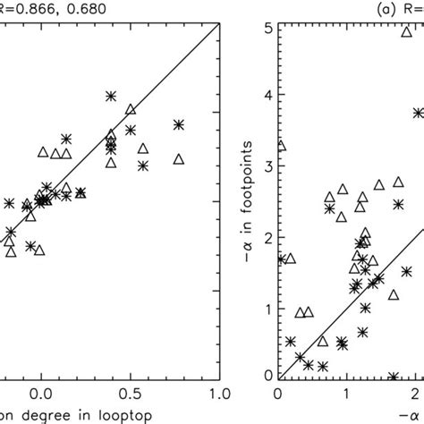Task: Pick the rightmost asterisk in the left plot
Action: point(179,124)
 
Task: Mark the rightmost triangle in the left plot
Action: point(179,159)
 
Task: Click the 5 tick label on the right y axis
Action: point(267,27)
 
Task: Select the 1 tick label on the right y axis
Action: point(267,309)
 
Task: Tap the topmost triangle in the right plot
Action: point(406,31)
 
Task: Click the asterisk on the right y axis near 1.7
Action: point(281,259)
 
